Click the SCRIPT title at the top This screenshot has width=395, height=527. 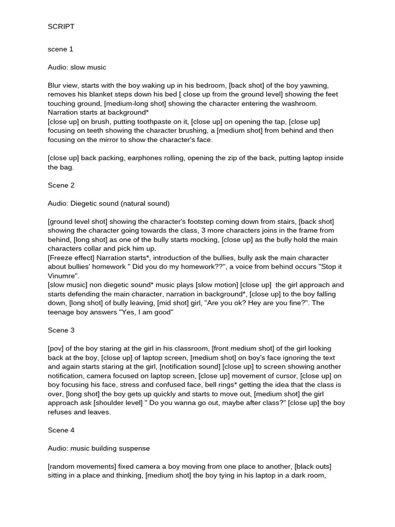[x=61, y=26]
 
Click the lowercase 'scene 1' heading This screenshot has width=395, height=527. [x=61, y=49]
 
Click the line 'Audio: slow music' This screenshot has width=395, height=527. [x=77, y=67]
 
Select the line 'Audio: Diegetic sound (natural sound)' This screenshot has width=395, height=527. [x=109, y=203]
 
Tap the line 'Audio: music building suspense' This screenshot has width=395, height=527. [x=99, y=448]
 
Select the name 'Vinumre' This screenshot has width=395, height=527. [x=62, y=276]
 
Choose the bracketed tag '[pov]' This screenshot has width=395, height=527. [x=56, y=348]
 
